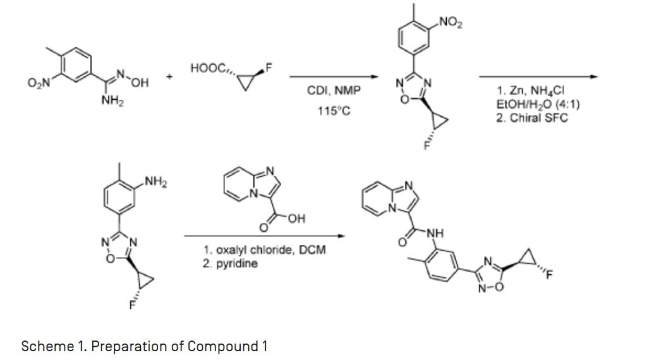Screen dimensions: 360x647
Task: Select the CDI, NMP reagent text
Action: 334,91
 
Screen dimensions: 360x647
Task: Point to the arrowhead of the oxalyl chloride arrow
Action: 342,237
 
